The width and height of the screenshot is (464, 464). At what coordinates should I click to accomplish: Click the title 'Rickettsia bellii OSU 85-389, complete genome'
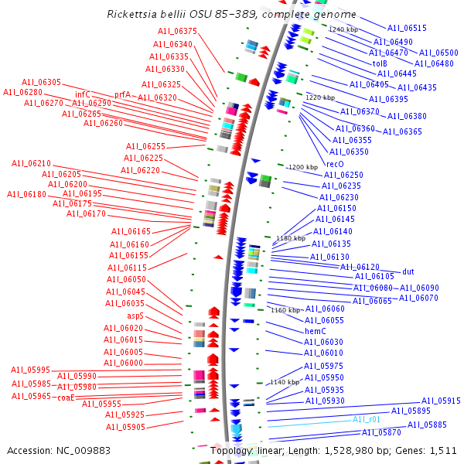coord(232,15)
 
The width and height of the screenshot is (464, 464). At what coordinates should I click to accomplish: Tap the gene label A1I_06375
coord(178,32)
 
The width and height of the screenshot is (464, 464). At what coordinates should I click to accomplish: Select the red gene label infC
coord(83,94)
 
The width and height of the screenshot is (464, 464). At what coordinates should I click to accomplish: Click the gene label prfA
coord(122,94)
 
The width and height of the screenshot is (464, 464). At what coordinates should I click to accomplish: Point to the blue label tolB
coord(380,63)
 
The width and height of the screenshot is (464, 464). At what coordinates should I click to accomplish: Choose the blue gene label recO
coord(335,164)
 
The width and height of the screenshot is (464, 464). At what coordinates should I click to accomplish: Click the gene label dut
coord(408,271)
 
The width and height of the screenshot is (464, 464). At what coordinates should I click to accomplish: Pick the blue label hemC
coord(316,331)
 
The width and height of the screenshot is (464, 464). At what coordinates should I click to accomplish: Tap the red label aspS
coord(135,316)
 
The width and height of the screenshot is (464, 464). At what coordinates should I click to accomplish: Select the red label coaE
coord(66,397)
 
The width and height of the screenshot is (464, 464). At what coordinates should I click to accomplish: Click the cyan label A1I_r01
coord(367,419)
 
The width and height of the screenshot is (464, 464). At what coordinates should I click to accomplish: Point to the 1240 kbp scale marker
coord(343,29)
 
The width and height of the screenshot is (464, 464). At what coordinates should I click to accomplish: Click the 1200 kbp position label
coord(302,167)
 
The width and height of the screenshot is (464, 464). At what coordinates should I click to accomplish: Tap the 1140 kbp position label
coord(284,383)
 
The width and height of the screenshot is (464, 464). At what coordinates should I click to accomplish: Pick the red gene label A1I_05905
coord(125,427)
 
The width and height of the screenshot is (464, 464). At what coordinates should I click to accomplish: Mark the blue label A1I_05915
coord(441,401)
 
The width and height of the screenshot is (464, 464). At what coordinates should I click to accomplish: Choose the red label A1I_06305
coord(41,82)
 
